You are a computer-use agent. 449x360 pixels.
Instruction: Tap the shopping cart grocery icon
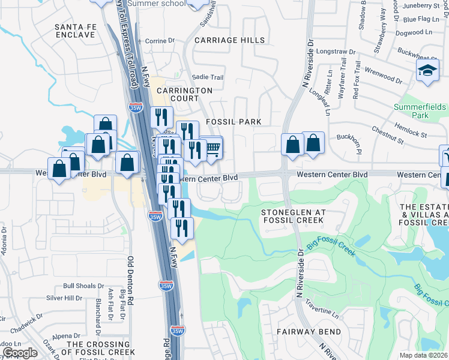212,148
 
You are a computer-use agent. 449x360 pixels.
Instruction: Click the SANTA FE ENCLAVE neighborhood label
74,31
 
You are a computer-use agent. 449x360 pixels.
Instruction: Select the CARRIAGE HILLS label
229,40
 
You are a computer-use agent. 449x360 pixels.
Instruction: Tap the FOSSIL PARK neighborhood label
234,122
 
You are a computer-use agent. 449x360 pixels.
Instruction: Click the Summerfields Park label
420,110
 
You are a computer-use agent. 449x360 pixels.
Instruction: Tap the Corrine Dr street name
159,41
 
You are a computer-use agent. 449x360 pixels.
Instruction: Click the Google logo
20,353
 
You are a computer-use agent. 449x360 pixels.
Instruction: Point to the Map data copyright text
423,355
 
